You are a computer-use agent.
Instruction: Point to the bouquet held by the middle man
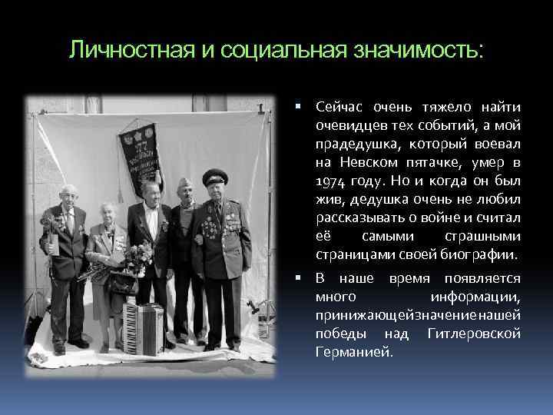(x=138, y=257)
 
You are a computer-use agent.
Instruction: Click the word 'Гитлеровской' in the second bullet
(x=478, y=334)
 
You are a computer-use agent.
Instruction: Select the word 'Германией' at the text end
(x=353, y=352)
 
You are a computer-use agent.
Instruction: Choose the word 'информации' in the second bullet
(x=476, y=297)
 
